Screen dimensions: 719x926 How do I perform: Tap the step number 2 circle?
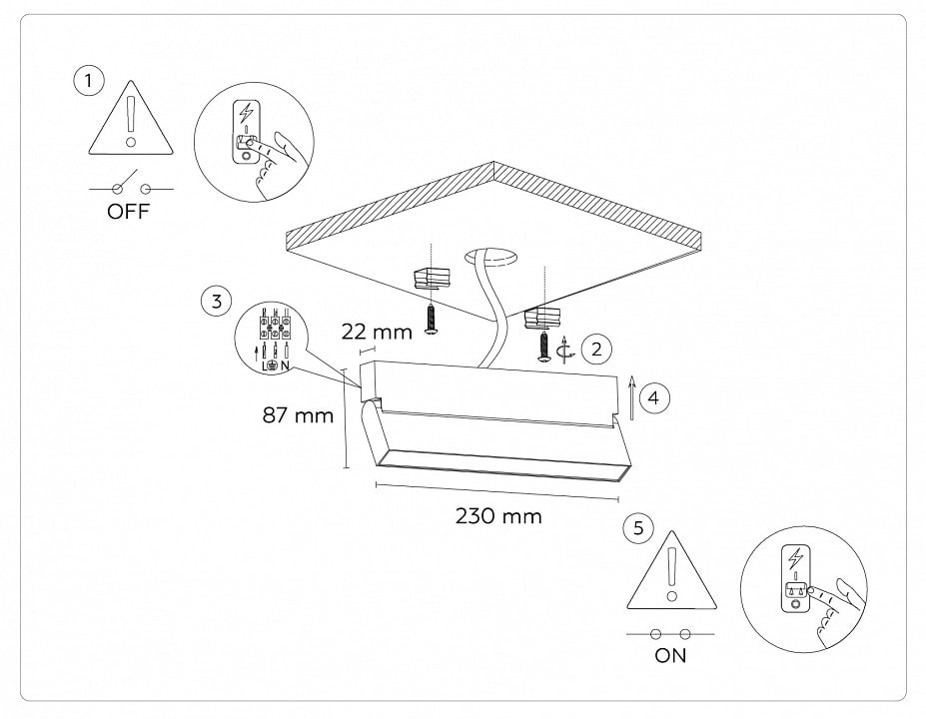(596, 349)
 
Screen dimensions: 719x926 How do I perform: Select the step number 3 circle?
(216, 301)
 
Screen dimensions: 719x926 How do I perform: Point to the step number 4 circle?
(653, 397)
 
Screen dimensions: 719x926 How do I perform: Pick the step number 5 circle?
(638, 528)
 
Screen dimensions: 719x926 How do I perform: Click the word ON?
(670, 656)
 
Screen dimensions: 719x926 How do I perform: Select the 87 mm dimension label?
(298, 414)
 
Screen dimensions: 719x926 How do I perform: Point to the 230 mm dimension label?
(498, 516)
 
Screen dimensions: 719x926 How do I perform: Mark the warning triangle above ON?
(671, 579)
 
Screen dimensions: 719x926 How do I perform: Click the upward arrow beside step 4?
(631, 396)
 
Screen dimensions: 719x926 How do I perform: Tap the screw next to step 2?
(544, 347)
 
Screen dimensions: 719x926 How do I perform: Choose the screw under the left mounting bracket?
(430, 320)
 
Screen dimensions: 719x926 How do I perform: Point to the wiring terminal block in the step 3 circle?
(274, 329)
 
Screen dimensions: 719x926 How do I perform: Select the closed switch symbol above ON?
(670, 634)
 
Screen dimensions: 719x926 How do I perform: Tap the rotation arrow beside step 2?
(568, 350)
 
